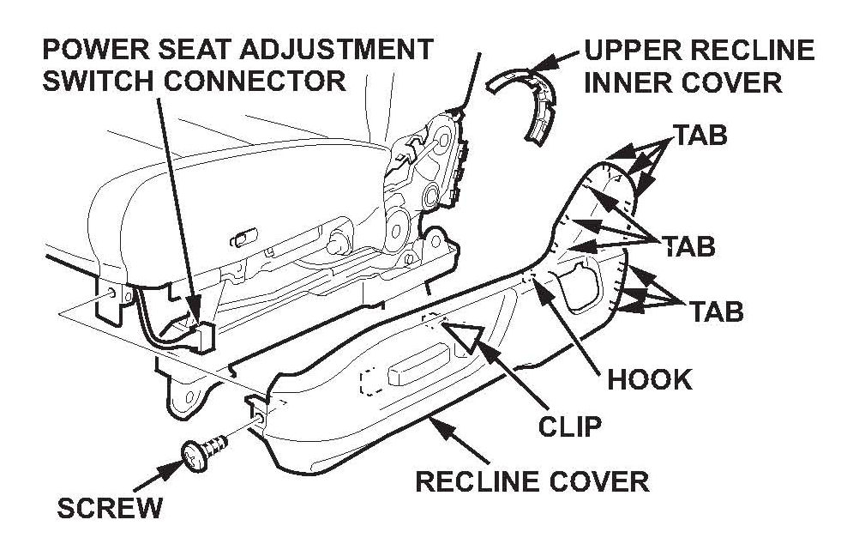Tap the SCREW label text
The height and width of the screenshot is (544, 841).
coord(108,507)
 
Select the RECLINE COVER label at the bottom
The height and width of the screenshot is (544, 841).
coord(532,481)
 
